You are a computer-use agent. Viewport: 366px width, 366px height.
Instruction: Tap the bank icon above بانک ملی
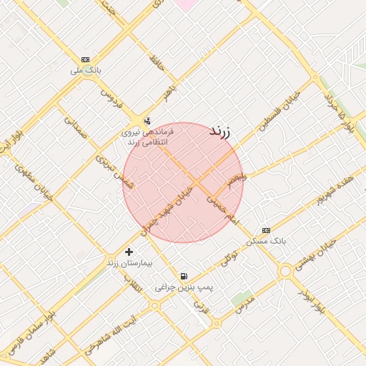pos(86,59)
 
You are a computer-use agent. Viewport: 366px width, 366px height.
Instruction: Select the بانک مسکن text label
pos(266,241)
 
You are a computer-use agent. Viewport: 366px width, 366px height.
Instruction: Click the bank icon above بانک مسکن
pos(266,230)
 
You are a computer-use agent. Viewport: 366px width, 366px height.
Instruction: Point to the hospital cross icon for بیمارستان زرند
pos(129,252)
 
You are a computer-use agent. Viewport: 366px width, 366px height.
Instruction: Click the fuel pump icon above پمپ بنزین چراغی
pos(184,276)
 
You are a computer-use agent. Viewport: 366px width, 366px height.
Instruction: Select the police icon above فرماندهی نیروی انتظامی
pos(147,120)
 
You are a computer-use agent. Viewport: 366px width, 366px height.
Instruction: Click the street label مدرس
pos(245,305)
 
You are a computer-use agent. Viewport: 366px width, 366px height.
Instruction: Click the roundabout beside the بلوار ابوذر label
pos(287,271)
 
